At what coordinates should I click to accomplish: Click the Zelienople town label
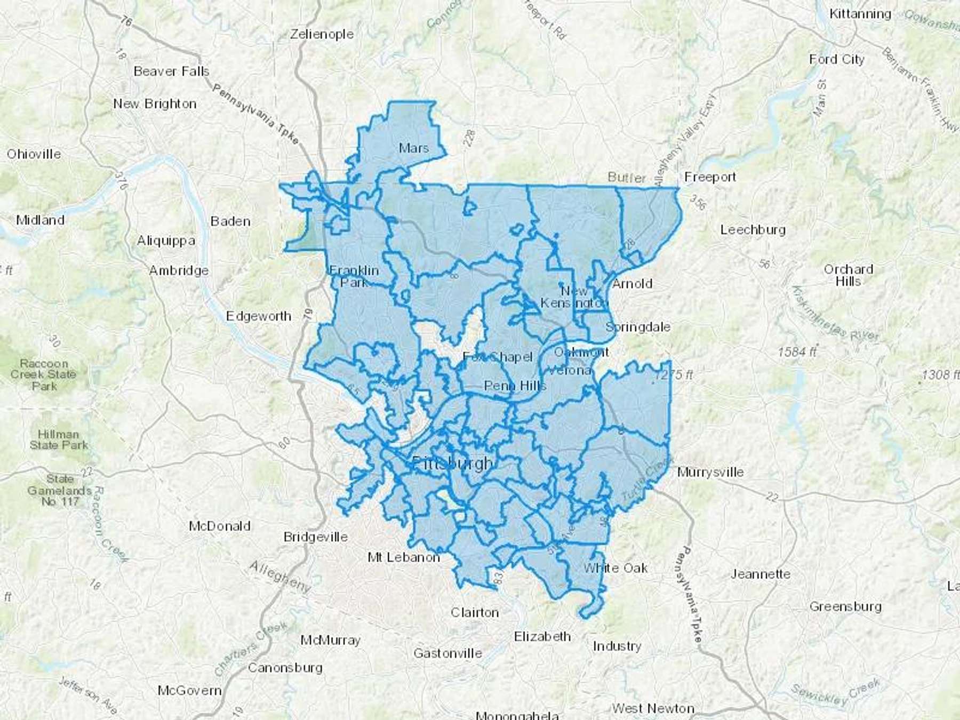322,34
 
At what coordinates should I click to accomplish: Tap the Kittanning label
860,14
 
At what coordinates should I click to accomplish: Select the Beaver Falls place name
171,71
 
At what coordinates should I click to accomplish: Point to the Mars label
413,148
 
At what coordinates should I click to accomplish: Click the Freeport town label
710,177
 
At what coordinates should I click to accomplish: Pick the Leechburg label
753,230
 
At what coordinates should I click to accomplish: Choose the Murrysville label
710,472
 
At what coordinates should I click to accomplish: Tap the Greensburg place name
845,606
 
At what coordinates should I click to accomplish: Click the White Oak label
615,568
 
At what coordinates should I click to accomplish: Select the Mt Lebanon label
404,557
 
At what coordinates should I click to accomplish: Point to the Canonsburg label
285,667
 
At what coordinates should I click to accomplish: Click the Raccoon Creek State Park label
44,374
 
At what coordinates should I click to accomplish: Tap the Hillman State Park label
59,439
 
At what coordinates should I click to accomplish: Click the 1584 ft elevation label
797,352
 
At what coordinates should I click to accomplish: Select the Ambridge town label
179,270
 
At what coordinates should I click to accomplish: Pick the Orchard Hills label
848,275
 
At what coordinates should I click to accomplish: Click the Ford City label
836,59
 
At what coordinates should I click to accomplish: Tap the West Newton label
653,708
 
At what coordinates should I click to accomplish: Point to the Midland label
40,220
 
